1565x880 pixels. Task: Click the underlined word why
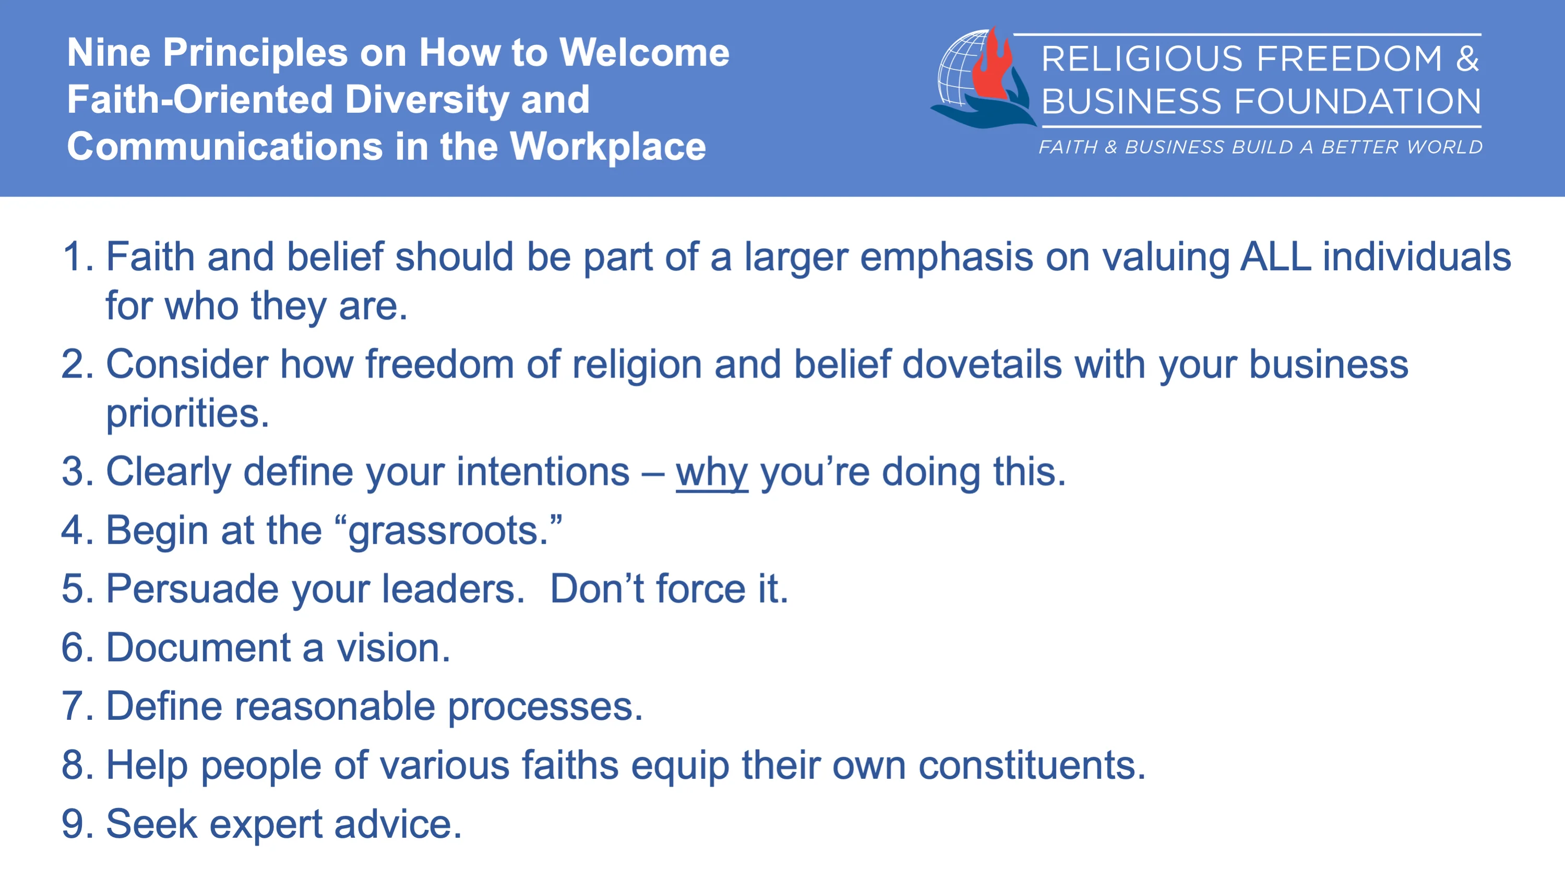[711, 473]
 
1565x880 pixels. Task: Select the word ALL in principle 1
[1275, 256]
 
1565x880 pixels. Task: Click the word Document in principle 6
[198, 647]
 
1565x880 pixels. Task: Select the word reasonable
[334, 706]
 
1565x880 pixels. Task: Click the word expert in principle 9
[266, 825]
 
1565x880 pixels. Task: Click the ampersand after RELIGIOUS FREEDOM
[1466, 59]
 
